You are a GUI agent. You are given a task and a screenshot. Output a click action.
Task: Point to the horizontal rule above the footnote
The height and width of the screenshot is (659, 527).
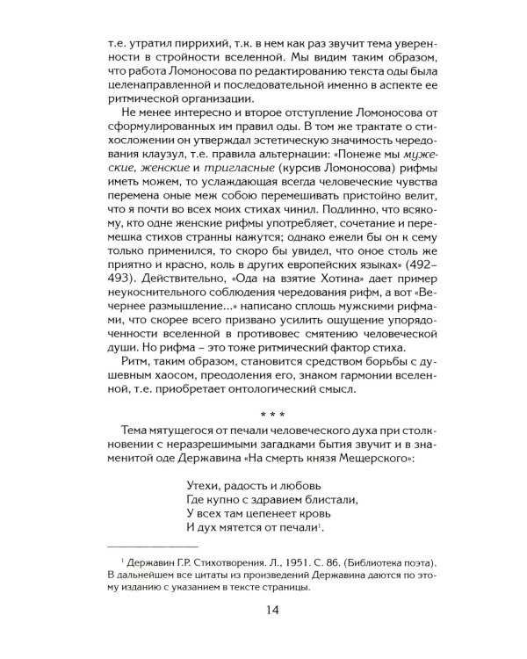150,546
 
